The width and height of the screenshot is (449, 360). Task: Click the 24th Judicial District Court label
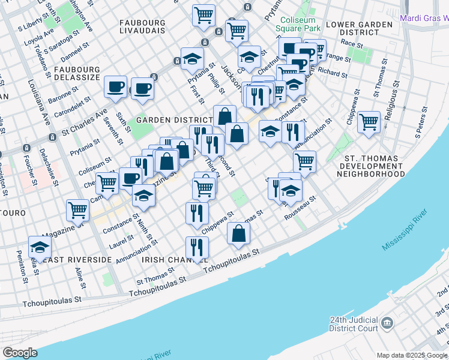tap(354, 324)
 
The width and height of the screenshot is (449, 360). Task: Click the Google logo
tap(19, 353)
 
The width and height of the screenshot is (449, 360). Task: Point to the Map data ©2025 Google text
tap(412, 355)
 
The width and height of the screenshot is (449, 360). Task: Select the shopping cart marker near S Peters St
tap(369, 122)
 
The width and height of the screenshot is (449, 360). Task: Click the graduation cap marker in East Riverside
tap(40, 246)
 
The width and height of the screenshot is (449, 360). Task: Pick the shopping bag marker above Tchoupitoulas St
tap(239, 233)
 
